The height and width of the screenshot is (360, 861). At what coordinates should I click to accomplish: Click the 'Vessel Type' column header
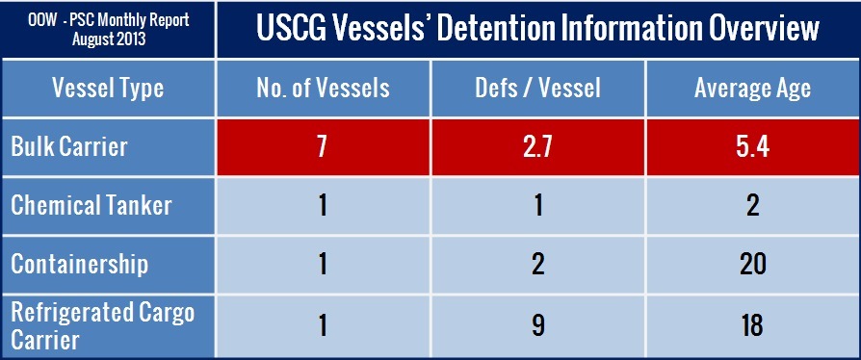click(108, 88)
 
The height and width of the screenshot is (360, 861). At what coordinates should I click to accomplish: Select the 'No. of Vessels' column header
click(323, 88)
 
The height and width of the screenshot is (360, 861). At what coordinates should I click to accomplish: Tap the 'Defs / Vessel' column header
click(538, 88)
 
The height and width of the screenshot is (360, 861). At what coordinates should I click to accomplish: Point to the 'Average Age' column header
click(752, 88)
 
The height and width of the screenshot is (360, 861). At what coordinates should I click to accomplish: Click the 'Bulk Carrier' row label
click(69, 147)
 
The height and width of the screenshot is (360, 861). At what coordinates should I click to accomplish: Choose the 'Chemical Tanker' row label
click(91, 206)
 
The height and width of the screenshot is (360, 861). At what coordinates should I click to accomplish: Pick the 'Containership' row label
click(80, 265)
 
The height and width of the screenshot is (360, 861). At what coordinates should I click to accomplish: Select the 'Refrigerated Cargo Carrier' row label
click(103, 326)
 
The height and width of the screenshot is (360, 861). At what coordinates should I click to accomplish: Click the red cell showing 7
click(323, 148)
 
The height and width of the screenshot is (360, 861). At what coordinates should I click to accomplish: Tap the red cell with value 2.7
click(538, 148)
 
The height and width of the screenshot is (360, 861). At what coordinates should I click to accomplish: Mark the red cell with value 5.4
click(752, 148)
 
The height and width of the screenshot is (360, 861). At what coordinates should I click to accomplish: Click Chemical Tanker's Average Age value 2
click(752, 206)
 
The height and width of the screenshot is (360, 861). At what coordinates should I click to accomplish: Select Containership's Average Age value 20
click(752, 265)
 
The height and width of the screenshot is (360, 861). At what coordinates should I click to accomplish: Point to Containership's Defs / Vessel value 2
click(538, 265)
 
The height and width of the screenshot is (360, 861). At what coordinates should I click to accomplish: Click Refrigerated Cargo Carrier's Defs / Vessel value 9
click(538, 325)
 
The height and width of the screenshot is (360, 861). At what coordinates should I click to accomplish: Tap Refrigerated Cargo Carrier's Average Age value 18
click(752, 325)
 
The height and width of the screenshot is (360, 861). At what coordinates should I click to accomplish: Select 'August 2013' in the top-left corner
click(109, 40)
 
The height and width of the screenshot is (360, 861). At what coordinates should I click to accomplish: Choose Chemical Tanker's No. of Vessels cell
click(323, 206)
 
